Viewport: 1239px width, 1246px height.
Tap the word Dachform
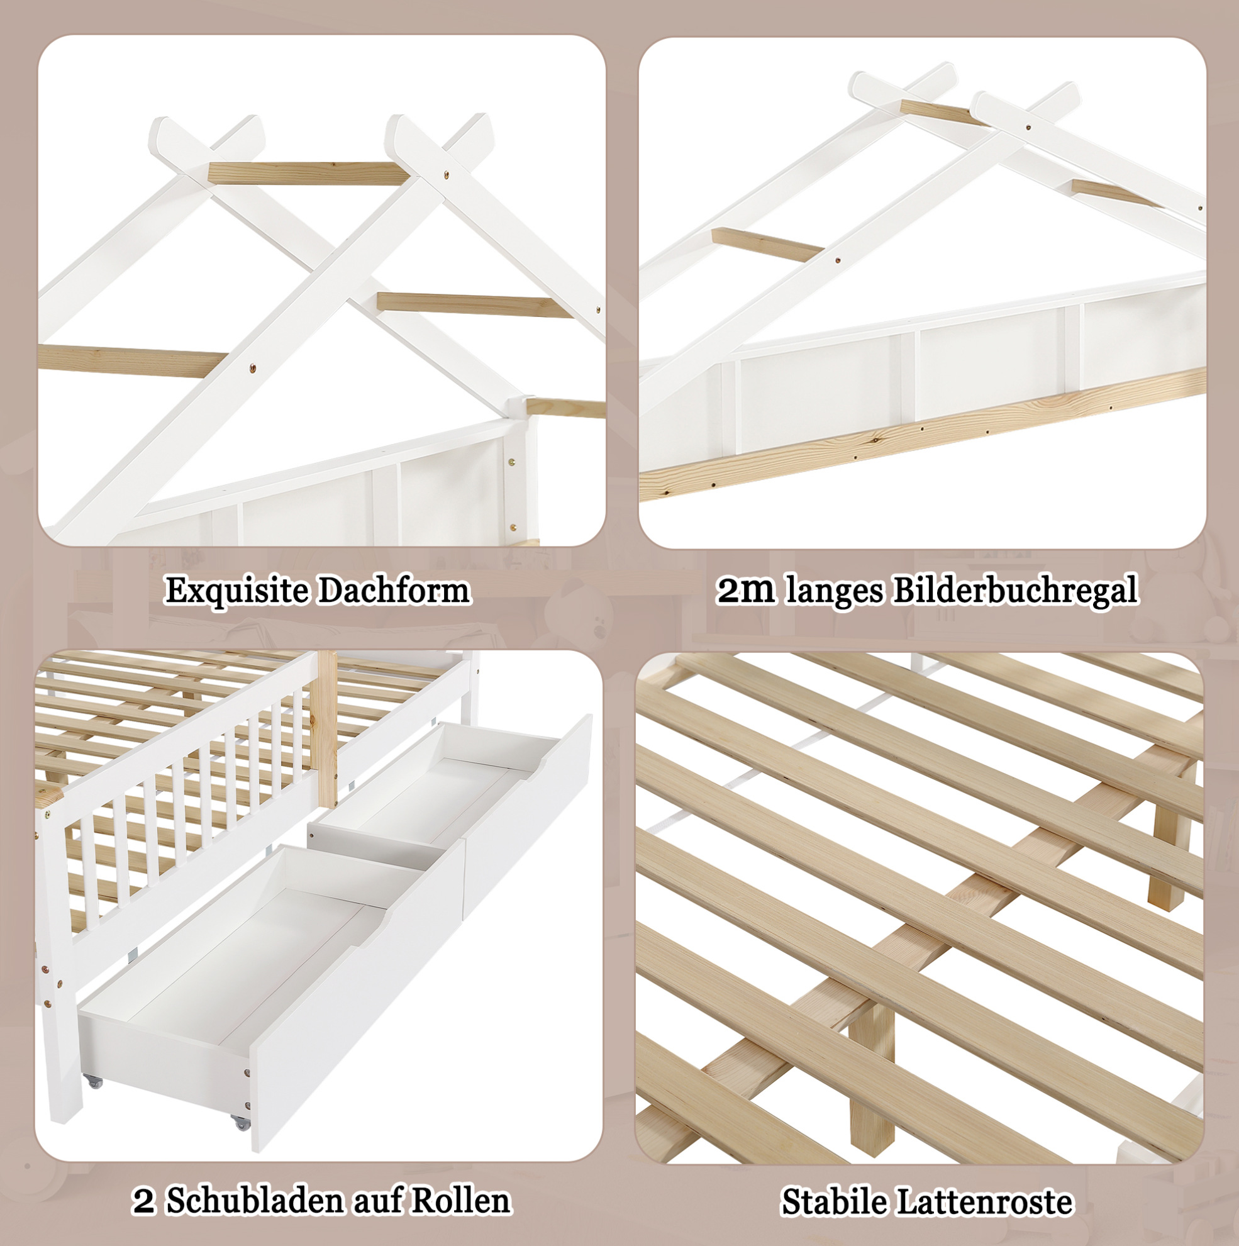pyautogui.click(x=394, y=590)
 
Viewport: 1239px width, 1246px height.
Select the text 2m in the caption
pyautogui.click(x=747, y=590)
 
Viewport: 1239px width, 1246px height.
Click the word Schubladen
pyautogui.click(x=255, y=1201)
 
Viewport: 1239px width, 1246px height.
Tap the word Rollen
pyautogui.click(x=460, y=1201)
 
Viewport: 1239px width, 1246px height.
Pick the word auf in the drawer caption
pyautogui.click(x=377, y=1201)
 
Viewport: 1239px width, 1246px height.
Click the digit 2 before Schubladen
pyautogui.click(x=144, y=1201)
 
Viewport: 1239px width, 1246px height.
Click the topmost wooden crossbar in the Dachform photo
pyautogui.click(x=306, y=174)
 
